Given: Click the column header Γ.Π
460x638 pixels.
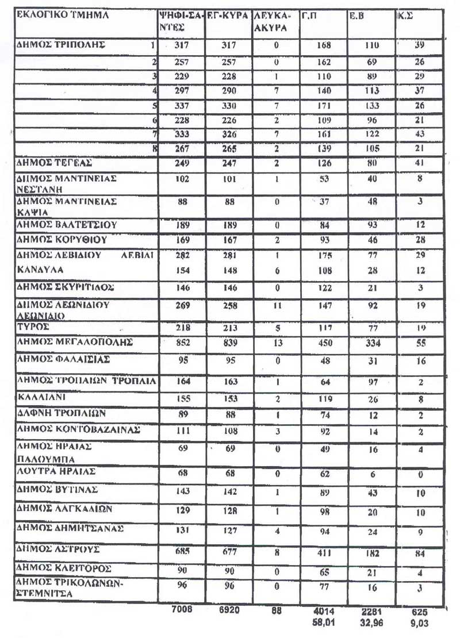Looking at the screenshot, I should coord(309,17).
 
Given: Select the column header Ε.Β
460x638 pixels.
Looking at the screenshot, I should coord(355,17).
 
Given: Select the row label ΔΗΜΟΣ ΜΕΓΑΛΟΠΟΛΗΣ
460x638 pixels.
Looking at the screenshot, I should coord(75,342).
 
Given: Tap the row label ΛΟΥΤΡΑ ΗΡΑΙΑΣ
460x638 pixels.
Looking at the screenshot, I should coord(56,471).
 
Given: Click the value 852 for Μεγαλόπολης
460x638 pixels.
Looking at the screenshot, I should coord(183,343).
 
